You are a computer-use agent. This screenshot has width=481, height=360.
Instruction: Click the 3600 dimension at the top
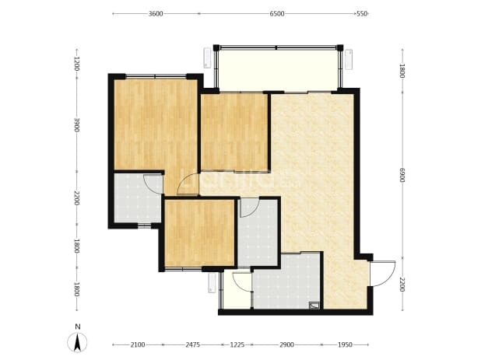pyautogui.click(x=156, y=14)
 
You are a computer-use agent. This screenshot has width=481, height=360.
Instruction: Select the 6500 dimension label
pyautogui.click(x=277, y=14)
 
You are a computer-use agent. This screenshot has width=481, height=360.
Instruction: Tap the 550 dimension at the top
pyautogui.click(x=362, y=14)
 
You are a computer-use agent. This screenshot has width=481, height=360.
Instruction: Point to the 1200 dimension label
pyautogui.click(x=77, y=64)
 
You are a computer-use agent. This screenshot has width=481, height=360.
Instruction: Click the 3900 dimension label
pyautogui.click(x=77, y=124)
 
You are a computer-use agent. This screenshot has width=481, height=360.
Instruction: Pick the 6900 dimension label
pyautogui.click(x=402, y=175)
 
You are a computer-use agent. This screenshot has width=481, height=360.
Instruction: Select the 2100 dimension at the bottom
pyautogui.click(x=138, y=345)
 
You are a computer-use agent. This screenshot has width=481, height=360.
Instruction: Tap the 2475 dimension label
pyautogui.click(x=193, y=345)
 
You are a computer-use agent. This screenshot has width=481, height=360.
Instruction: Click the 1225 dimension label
pyautogui.click(x=237, y=345)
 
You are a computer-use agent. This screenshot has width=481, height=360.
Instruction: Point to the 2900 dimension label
pyautogui.click(x=286, y=345)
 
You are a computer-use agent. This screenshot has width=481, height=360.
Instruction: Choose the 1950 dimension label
pyautogui.click(x=345, y=345)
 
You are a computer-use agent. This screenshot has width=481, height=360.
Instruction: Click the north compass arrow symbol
pyautogui.click(x=77, y=342)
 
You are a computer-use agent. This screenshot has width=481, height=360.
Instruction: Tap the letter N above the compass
pyautogui.click(x=78, y=327)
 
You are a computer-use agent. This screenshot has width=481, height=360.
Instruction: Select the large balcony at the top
pyautogui.click(x=278, y=69)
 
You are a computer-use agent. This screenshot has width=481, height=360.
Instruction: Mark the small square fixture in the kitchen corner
pyautogui.click(x=314, y=305)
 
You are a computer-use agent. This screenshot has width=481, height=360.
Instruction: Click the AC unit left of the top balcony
pyautogui.click(x=208, y=58)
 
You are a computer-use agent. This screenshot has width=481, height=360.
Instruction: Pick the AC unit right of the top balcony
pyautogui.click(x=349, y=59)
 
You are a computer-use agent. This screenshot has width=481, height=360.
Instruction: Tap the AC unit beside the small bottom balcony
pyautogui.click(x=212, y=283)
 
